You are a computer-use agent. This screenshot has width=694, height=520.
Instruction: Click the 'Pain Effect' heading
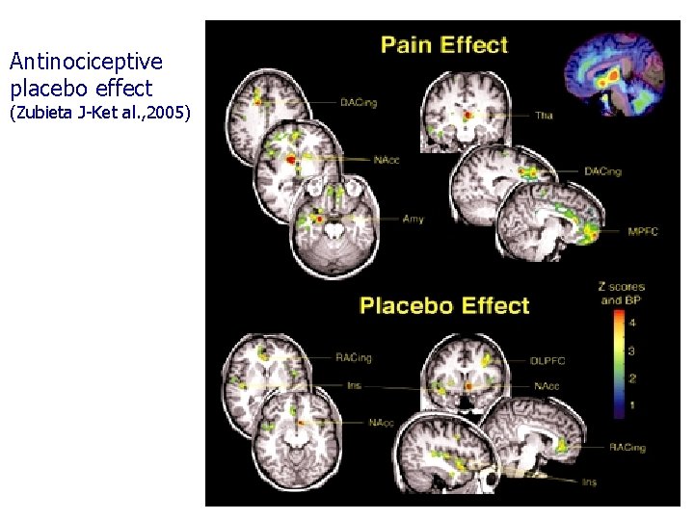point(444,44)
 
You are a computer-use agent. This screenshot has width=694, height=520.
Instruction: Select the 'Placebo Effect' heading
point(444,306)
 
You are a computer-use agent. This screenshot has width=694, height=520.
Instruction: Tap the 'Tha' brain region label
point(544,116)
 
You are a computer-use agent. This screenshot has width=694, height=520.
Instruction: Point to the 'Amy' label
point(414,220)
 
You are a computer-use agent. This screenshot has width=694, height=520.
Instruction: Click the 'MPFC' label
point(642,232)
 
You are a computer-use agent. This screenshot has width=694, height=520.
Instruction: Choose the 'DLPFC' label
point(547,361)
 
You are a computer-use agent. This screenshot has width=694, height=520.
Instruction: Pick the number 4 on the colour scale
point(631,323)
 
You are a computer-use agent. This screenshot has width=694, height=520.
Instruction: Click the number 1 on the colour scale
point(631,406)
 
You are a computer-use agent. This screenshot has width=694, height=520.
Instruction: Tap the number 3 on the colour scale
point(631,351)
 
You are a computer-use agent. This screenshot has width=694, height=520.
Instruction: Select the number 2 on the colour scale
point(631,378)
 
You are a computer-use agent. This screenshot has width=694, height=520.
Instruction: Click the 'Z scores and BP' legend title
point(622,294)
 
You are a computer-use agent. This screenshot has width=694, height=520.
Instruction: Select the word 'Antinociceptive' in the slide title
point(86,63)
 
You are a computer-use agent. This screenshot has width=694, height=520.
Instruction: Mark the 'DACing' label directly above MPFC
point(603,171)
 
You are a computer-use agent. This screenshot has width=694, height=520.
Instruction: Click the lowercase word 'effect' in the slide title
point(122,89)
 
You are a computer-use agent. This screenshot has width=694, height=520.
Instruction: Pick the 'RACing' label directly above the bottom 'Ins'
point(627,448)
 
